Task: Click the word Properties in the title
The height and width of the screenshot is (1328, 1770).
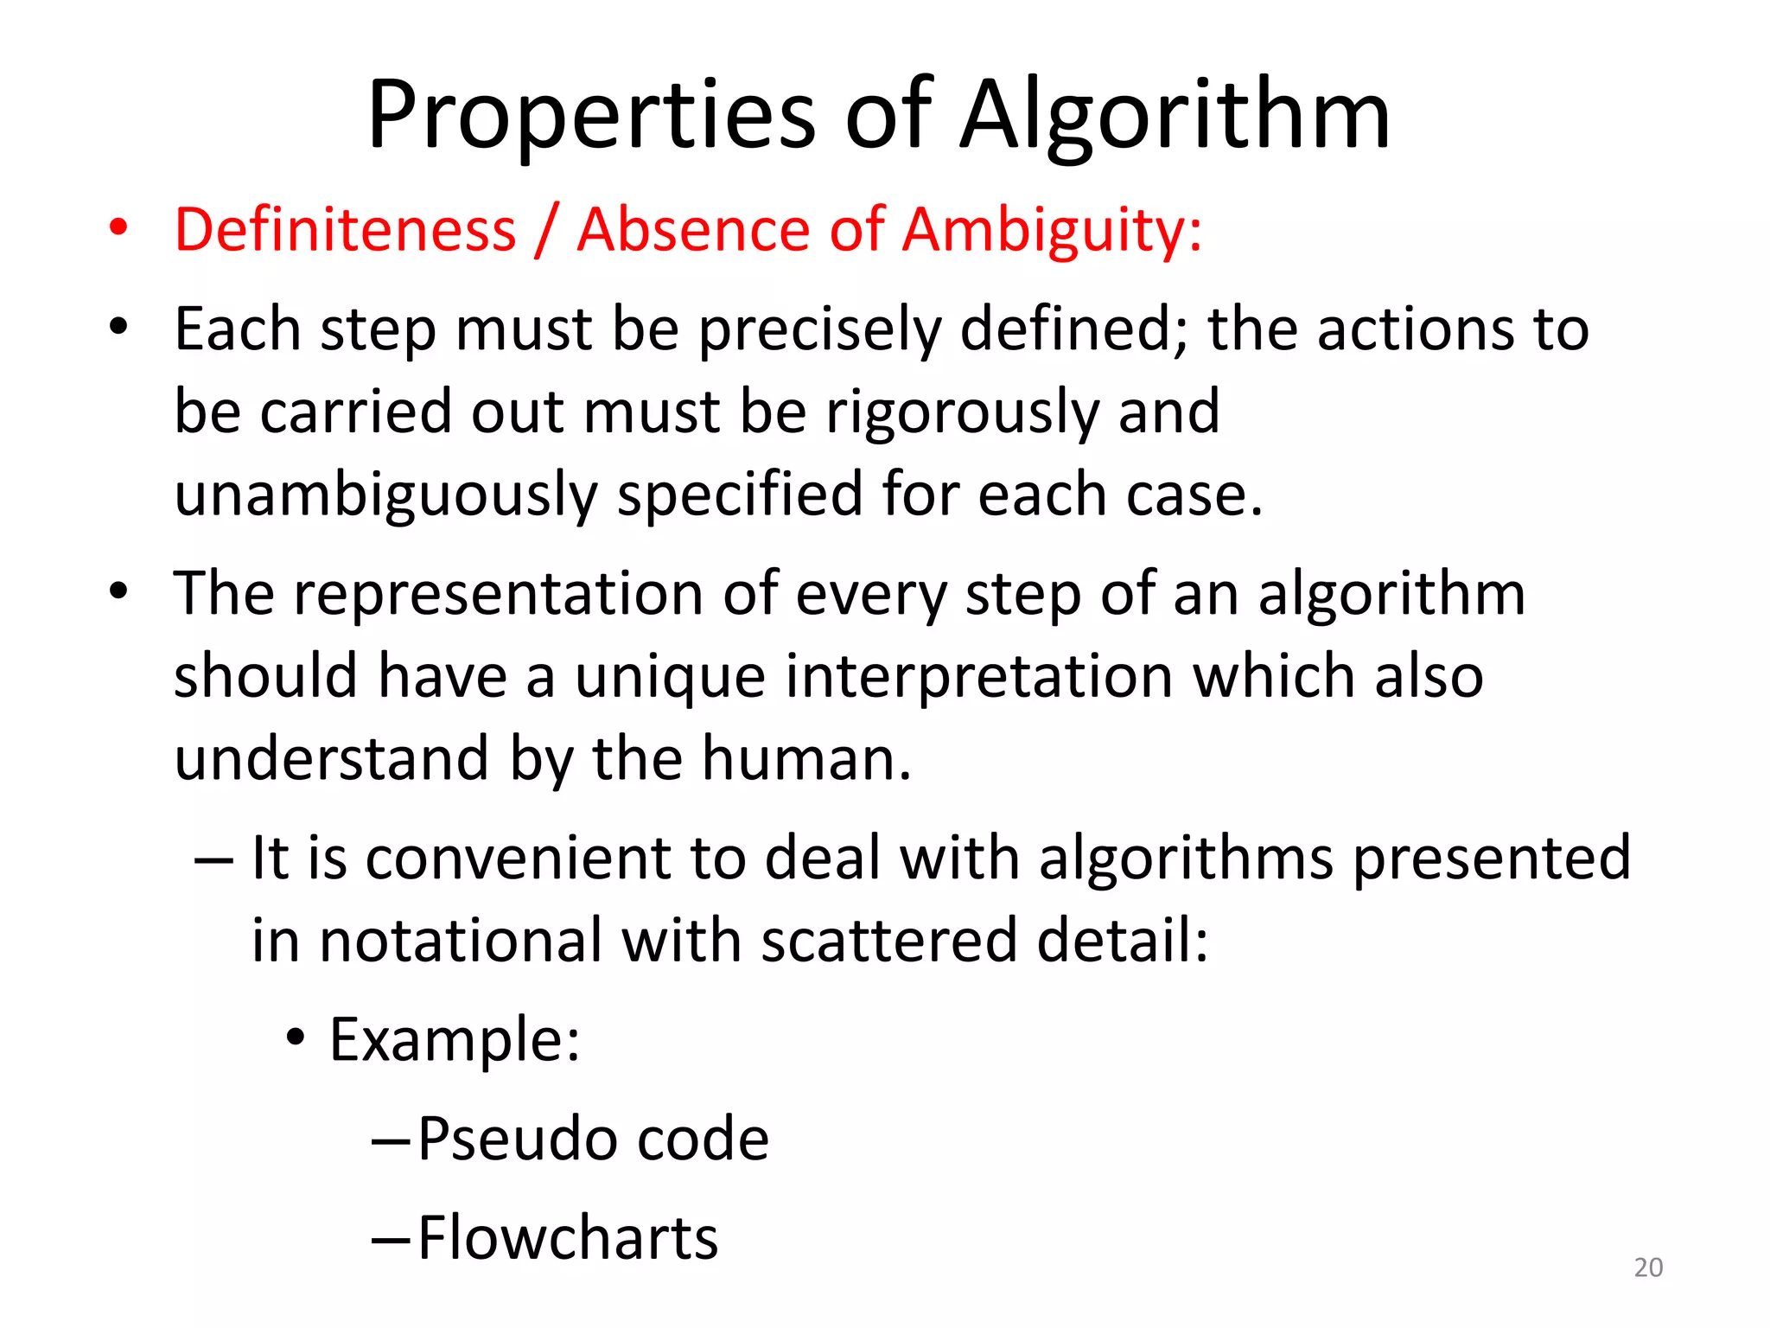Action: pyautogui.click(x=591, y=117)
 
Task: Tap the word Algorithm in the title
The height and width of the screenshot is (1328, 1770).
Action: pyautogui.click(x=1175, y=117)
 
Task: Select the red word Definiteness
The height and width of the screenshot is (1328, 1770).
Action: pyautogui.click(x=345, y=230)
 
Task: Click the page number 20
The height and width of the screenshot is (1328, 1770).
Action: pyautogui.click(x=1648, y=1267)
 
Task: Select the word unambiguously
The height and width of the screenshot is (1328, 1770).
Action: pyautogui.click(x=385, y=495)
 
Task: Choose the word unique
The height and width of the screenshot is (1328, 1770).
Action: pyautogui.click(x=670, y=677)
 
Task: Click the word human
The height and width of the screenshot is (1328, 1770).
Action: pyautogui.click(x=805, y=759)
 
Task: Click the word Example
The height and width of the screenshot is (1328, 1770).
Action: pyautogui.click(x=455, y=1039)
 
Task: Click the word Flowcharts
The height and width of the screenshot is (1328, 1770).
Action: pyautogui.click(x=568, y=1238)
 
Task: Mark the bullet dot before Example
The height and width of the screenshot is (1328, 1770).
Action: pyautogui.click(x=296, y=1037)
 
